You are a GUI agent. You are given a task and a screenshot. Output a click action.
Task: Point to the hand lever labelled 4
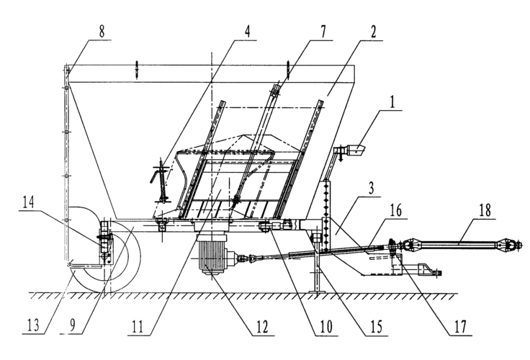tap(162, 184)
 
